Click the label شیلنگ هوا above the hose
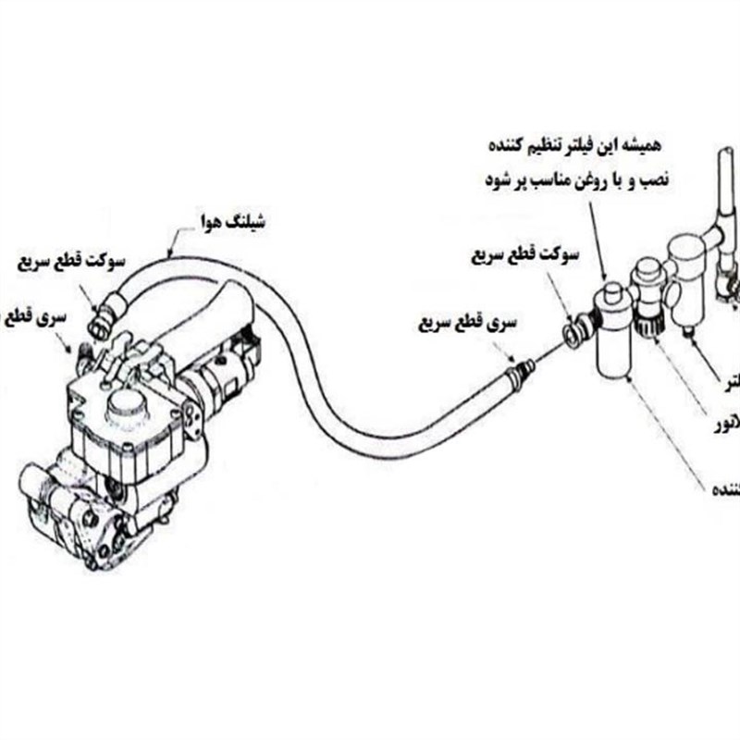click(234, 223)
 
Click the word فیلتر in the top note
click(580, 146)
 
